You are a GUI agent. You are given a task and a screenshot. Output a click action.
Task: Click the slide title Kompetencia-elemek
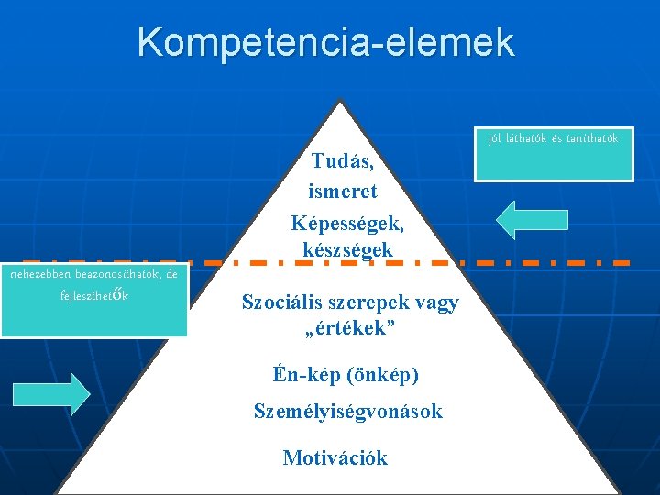point(326,42)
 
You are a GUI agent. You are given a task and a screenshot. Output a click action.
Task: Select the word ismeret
point(344,192)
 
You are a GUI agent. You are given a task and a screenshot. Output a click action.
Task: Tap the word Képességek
point(347,223)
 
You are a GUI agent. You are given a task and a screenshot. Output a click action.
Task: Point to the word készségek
point(347,249)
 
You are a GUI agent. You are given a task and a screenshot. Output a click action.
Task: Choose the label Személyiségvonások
point(347,412)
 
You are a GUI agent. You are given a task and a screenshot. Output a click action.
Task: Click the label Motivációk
point(335,457)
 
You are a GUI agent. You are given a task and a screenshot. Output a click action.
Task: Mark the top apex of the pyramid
point(340,100)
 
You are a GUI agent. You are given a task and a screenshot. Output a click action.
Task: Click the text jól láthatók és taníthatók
point(553,138)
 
